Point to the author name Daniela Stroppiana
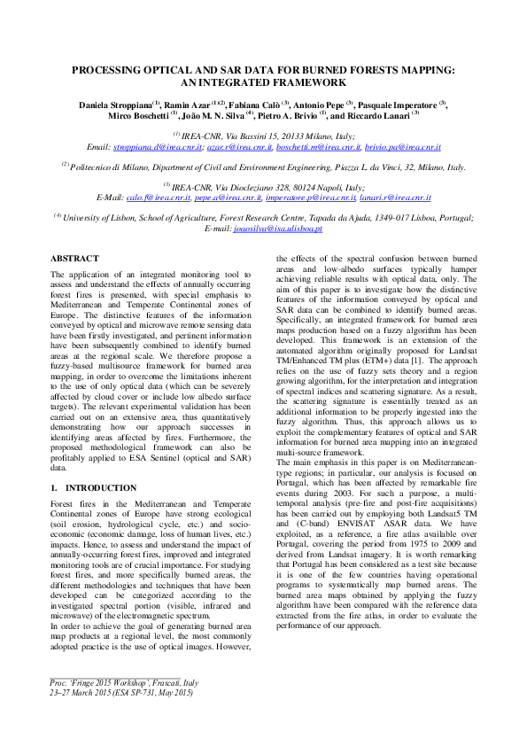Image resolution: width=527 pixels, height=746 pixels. coord(113,104)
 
